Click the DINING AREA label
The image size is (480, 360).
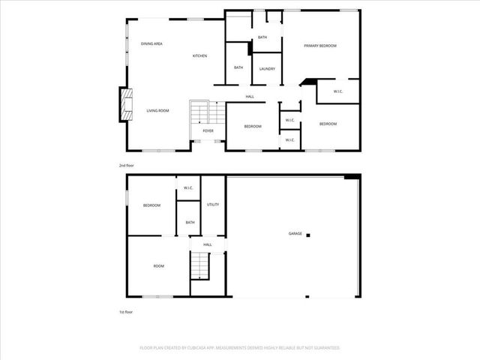[x=151, y=44]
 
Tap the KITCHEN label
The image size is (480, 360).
[x=199, y=56]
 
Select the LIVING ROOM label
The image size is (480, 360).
[x=157, y=110]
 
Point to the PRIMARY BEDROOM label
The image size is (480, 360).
[x=320, y=46]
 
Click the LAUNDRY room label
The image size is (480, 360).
[x=267, y=69]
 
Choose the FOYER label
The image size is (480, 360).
[x=208, y=130]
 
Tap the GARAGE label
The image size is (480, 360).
[x=295, y=234]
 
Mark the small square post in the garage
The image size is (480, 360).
[x=307, y=234]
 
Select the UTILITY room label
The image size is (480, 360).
[x=213, y=204]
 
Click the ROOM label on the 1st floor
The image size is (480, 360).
[x=159, y=265]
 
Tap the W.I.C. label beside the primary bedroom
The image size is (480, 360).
[x=337, y=92]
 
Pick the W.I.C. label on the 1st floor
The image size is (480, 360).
[x=189, y=188]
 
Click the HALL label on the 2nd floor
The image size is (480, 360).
[x=250, y=96]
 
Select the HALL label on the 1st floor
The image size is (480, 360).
[x=208, y=244]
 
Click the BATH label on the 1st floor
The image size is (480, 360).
[x=190, y=222]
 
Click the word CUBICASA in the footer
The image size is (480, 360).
[x=216, y=348]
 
